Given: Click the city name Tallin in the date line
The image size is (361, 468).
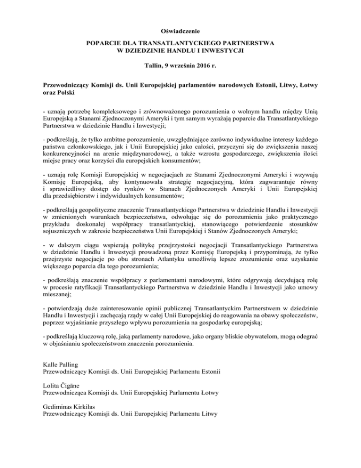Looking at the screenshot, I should click(153, 67).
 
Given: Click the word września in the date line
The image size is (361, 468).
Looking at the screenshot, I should click(180, 67).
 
